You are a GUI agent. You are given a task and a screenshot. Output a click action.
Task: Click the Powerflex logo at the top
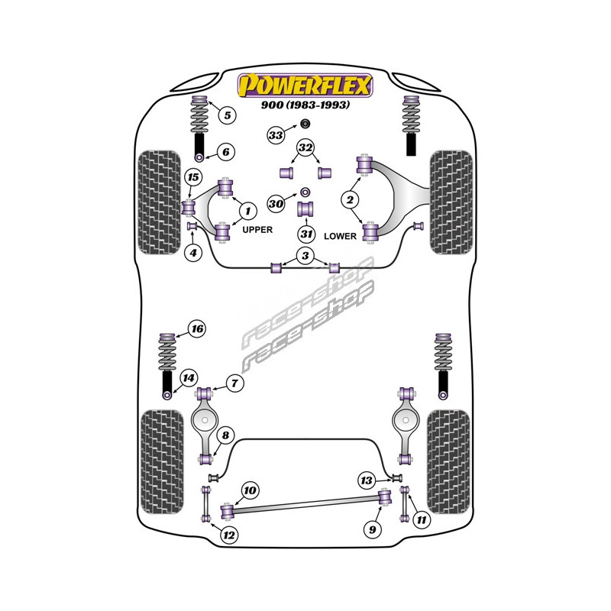coord(305,84)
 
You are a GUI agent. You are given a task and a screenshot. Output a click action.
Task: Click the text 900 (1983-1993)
coord(305,105)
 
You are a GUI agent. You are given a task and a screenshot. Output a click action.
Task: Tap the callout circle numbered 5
coord(226,115)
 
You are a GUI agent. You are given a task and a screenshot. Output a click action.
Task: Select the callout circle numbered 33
coord(275,136)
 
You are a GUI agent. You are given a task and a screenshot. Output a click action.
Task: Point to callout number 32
coord(305,147)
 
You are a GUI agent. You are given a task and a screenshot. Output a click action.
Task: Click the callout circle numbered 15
coord(192,178)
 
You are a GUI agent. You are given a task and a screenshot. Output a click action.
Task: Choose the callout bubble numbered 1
coord(247,209)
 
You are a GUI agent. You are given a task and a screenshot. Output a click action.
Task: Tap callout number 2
coord(351,201)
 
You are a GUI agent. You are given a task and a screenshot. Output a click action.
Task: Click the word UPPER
coord(257,229)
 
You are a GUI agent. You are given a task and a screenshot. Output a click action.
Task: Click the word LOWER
coord(340,236)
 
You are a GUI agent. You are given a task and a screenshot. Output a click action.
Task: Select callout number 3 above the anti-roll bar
coord(305,255)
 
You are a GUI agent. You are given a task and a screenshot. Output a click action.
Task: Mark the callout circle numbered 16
coord(197,329)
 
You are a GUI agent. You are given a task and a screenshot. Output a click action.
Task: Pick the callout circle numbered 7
coord(234,384)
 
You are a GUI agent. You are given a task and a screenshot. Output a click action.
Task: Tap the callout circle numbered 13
coord(367,480)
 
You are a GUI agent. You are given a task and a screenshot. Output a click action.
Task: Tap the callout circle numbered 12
coord(228,535)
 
